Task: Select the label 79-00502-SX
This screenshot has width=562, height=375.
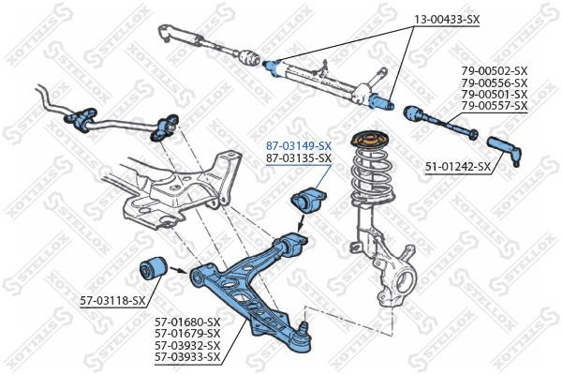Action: pyautogui.click(x=494, y=71)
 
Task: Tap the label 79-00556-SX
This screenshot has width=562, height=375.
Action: pyautogui.click(x=494, y=82)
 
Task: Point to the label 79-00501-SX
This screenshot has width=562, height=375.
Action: pyautogui.click(x=494, y=94)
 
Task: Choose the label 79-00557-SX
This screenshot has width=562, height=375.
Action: pyautogui.click(x=494, y=105)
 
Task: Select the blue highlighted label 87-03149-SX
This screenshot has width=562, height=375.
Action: pyautogui.click(x=299, y=146)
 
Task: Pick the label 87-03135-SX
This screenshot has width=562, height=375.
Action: pyautogui.click(x=299, y=158)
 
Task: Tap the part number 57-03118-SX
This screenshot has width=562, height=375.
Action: pyautogui.click(x=112, y=300)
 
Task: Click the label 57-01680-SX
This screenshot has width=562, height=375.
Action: pyautogui.click(x=187, y=322)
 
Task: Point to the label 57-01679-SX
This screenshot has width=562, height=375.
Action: pyautogui.click(x=187, y=333)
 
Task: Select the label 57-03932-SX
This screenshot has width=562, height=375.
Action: pyautogui.click(x=187, y=344)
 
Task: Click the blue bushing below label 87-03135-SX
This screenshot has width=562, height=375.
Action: pyautogui.click(x=307, y=201)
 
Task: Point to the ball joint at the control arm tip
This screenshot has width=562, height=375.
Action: pyautogui.click(x=302, y=337)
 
